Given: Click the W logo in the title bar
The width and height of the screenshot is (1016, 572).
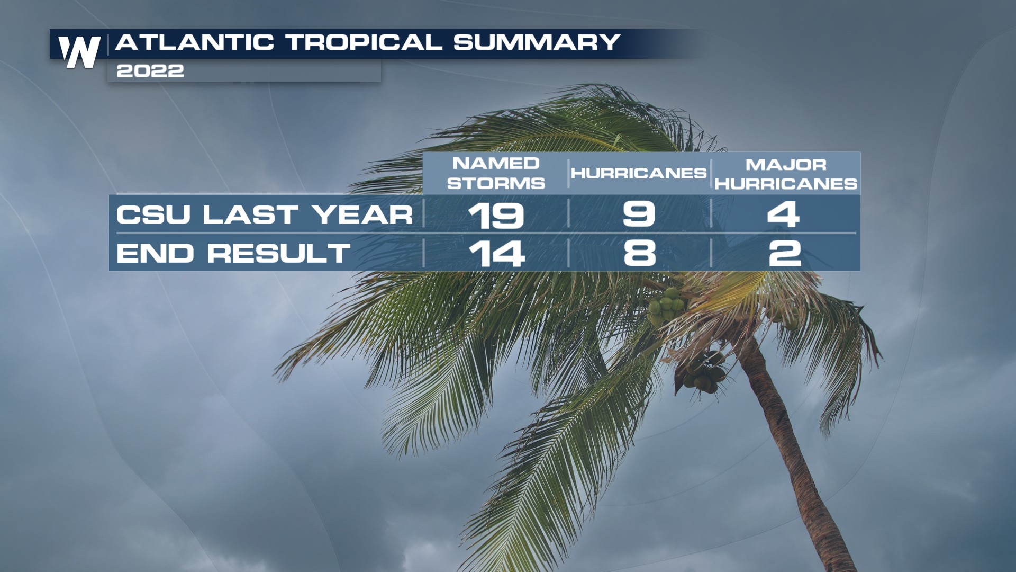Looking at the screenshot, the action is (x=79, y=51).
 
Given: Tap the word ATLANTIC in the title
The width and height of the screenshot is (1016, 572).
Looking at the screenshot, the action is (x=194, y=42).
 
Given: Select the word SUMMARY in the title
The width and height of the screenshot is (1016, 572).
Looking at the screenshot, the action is (x=537, y=42).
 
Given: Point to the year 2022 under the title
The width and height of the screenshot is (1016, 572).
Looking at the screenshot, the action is (x=150, y=71).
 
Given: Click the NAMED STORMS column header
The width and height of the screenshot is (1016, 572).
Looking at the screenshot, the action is (x=496, y=173).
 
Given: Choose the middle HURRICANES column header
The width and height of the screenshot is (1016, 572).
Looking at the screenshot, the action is (x=639, y=173).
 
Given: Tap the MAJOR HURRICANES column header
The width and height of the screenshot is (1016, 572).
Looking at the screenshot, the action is (x=786, y=174).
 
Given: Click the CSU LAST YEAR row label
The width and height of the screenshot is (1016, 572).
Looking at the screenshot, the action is (x=265, y=215).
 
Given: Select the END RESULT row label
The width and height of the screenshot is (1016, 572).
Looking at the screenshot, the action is (x=233, y=253).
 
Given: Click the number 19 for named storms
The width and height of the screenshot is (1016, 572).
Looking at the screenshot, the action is (x=496, y=215).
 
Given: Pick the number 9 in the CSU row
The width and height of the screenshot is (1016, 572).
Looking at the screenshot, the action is (x=639, y=214).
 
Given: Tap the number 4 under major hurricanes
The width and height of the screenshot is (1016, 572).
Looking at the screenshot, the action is (x=784, y=215).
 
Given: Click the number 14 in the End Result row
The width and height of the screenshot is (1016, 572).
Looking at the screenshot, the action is (x=497, y=254).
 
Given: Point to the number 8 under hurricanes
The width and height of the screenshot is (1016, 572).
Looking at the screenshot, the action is (x=640, y=253).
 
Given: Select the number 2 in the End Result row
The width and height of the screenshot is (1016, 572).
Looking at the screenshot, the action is (x=785, y=253).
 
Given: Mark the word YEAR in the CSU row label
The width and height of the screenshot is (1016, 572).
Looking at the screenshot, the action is (x=362, y=215).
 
